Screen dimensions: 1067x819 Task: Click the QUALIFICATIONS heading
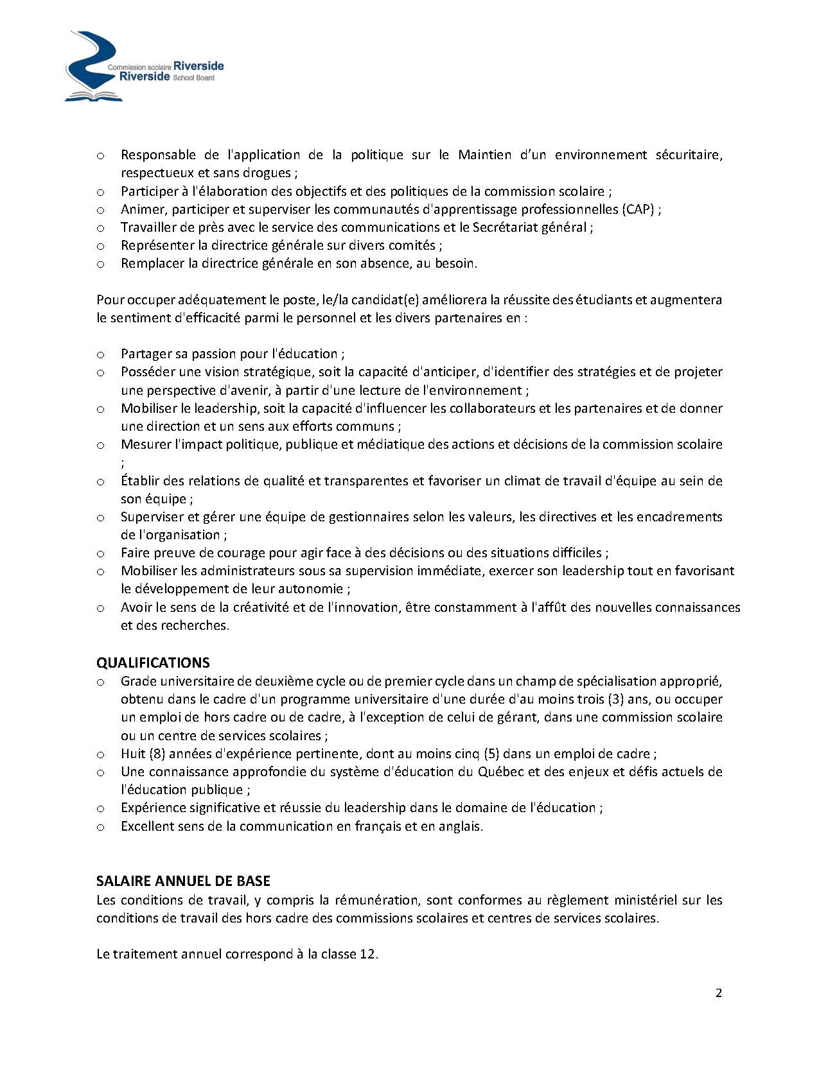coord(153,663)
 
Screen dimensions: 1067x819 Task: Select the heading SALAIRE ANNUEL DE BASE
coord(183,881)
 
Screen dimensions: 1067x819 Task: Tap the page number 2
coord(719,993)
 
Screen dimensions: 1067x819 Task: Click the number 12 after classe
coord(367,954)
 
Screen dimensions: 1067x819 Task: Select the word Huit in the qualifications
coord(133,754)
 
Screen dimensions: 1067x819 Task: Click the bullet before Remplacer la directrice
coord(100,264)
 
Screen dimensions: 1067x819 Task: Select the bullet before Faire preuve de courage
coord(100,553)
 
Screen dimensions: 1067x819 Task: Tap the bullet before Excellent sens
coord(100,827)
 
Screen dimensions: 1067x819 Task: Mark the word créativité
coord(259,607)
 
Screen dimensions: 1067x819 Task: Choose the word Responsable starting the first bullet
coord(158,155)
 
